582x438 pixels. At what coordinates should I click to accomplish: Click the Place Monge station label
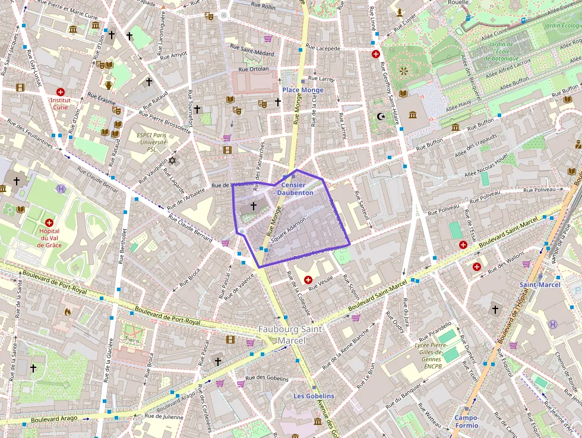pos(303,90)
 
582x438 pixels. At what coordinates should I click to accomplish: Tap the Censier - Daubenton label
pos(293,189)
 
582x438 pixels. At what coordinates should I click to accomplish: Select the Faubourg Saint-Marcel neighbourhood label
pos(291,335)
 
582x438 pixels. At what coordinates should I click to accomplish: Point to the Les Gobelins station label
pos(314,396)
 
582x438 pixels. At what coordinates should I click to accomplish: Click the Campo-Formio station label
pos(467,421)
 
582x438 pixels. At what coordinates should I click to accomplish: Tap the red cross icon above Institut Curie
pos(60,92)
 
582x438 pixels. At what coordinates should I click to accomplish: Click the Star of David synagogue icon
pos(173,160)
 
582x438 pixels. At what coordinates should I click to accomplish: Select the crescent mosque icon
pos(381,116)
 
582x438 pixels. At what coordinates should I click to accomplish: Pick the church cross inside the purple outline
pos(253,206)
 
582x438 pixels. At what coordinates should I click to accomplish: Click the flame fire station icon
pos(67,311)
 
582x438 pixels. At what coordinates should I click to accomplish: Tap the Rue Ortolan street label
pos(254,69)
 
